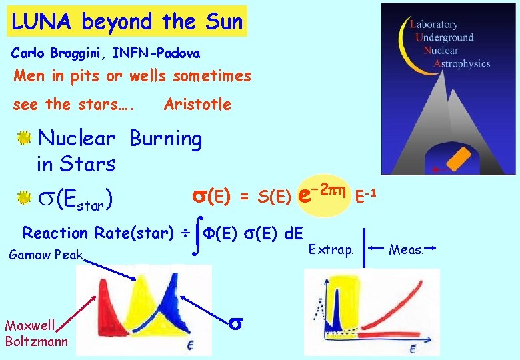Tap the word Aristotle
click(197, 104)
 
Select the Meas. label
click(406, 249)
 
